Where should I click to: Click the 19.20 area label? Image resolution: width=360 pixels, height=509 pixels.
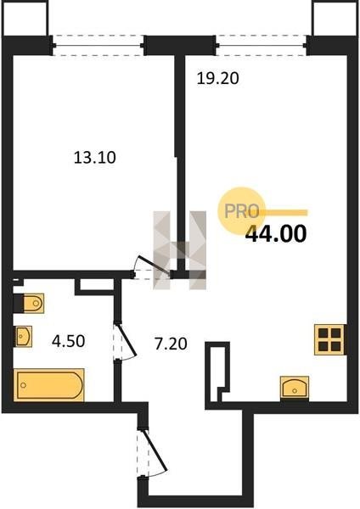[217, 79]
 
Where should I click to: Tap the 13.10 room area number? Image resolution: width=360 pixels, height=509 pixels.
[95, 158]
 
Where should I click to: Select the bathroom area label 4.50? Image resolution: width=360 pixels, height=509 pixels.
[69, 341]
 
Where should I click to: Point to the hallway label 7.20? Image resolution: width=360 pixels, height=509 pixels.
[171, 344]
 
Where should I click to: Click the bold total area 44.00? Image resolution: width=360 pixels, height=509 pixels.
[276, 234]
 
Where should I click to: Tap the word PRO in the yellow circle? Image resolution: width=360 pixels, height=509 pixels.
[242, 211]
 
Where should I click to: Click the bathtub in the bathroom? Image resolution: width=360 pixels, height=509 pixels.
[49, 385]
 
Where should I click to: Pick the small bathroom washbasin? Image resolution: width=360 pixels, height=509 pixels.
[23, 336]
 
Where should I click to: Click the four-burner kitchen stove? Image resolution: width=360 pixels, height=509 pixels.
[329, 339]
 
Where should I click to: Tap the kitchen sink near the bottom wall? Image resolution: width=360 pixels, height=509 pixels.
[295, 388]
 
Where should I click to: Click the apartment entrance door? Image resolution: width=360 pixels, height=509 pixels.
[152, 452]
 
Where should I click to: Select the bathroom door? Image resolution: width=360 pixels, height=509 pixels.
[124, 341]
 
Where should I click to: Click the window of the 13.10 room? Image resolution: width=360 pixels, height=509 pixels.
[98, 46]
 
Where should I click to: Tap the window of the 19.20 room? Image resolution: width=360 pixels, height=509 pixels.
[262, 46]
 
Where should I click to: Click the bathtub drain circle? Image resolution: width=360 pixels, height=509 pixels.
[24, 385]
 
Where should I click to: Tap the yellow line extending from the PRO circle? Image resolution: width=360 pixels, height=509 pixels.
[283, 213]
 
